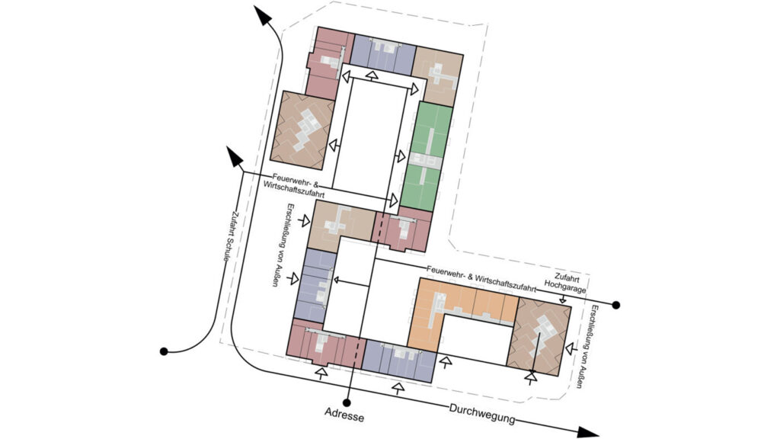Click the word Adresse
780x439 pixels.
tap(344, 415)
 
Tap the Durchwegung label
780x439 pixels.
tap(482, 412)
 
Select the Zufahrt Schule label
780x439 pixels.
tap(229, 236)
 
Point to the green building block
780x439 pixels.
tap(427, 156)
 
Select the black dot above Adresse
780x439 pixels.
tap(347, 402)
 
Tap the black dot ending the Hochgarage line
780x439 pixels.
tap(615, 305)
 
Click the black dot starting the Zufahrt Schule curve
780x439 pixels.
tap(165, 351)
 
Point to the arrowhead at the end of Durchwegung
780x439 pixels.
tap(587, 431)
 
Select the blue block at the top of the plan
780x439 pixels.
tap(384, 55)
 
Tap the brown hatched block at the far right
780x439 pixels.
tap(539, 337)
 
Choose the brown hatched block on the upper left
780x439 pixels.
tap(302, 130)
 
